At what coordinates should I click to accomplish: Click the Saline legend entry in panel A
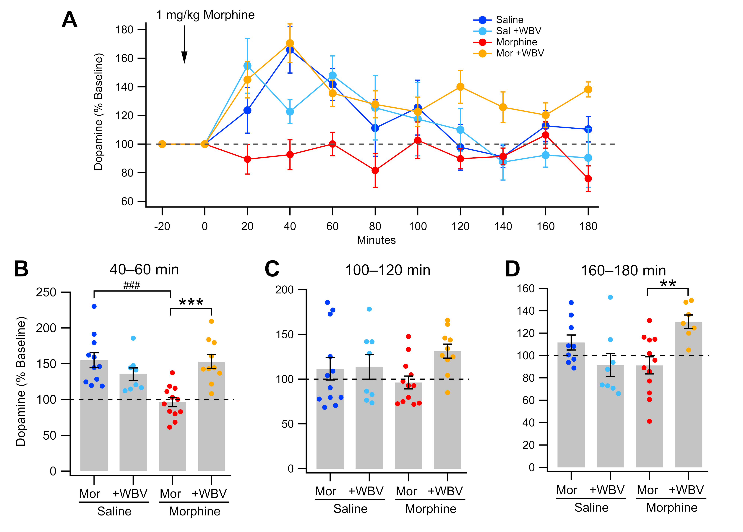509,20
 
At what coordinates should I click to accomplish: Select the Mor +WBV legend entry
520,53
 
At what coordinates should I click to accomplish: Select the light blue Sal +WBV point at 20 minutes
247,66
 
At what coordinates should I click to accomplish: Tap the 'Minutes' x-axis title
376,240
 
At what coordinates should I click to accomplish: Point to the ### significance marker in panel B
132,285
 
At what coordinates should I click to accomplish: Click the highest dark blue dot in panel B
94,306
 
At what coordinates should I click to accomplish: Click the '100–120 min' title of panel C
388,270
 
